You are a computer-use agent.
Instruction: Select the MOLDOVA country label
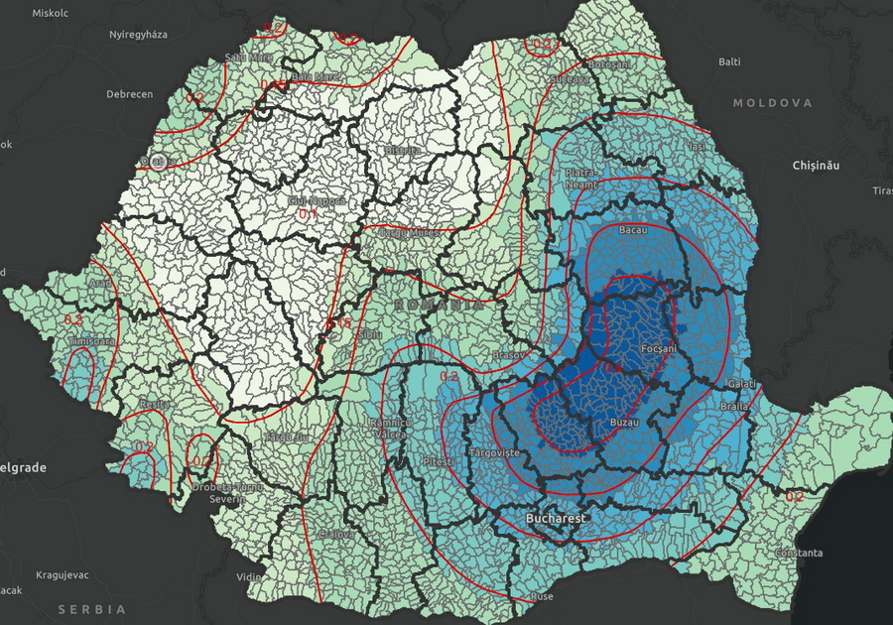click(x=772, y=103)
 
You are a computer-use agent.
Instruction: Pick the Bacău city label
click(x=632, y=230)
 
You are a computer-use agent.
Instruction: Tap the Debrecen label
click(x=130, y=94)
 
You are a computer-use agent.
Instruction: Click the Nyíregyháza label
click(x=138, y=35)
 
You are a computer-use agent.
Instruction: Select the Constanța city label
click(x=799, y=553)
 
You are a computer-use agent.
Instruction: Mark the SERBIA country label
click(x=91, y=608)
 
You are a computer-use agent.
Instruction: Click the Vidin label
click(x=251, y=577)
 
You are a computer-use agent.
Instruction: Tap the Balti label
click(x=729, y=62)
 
